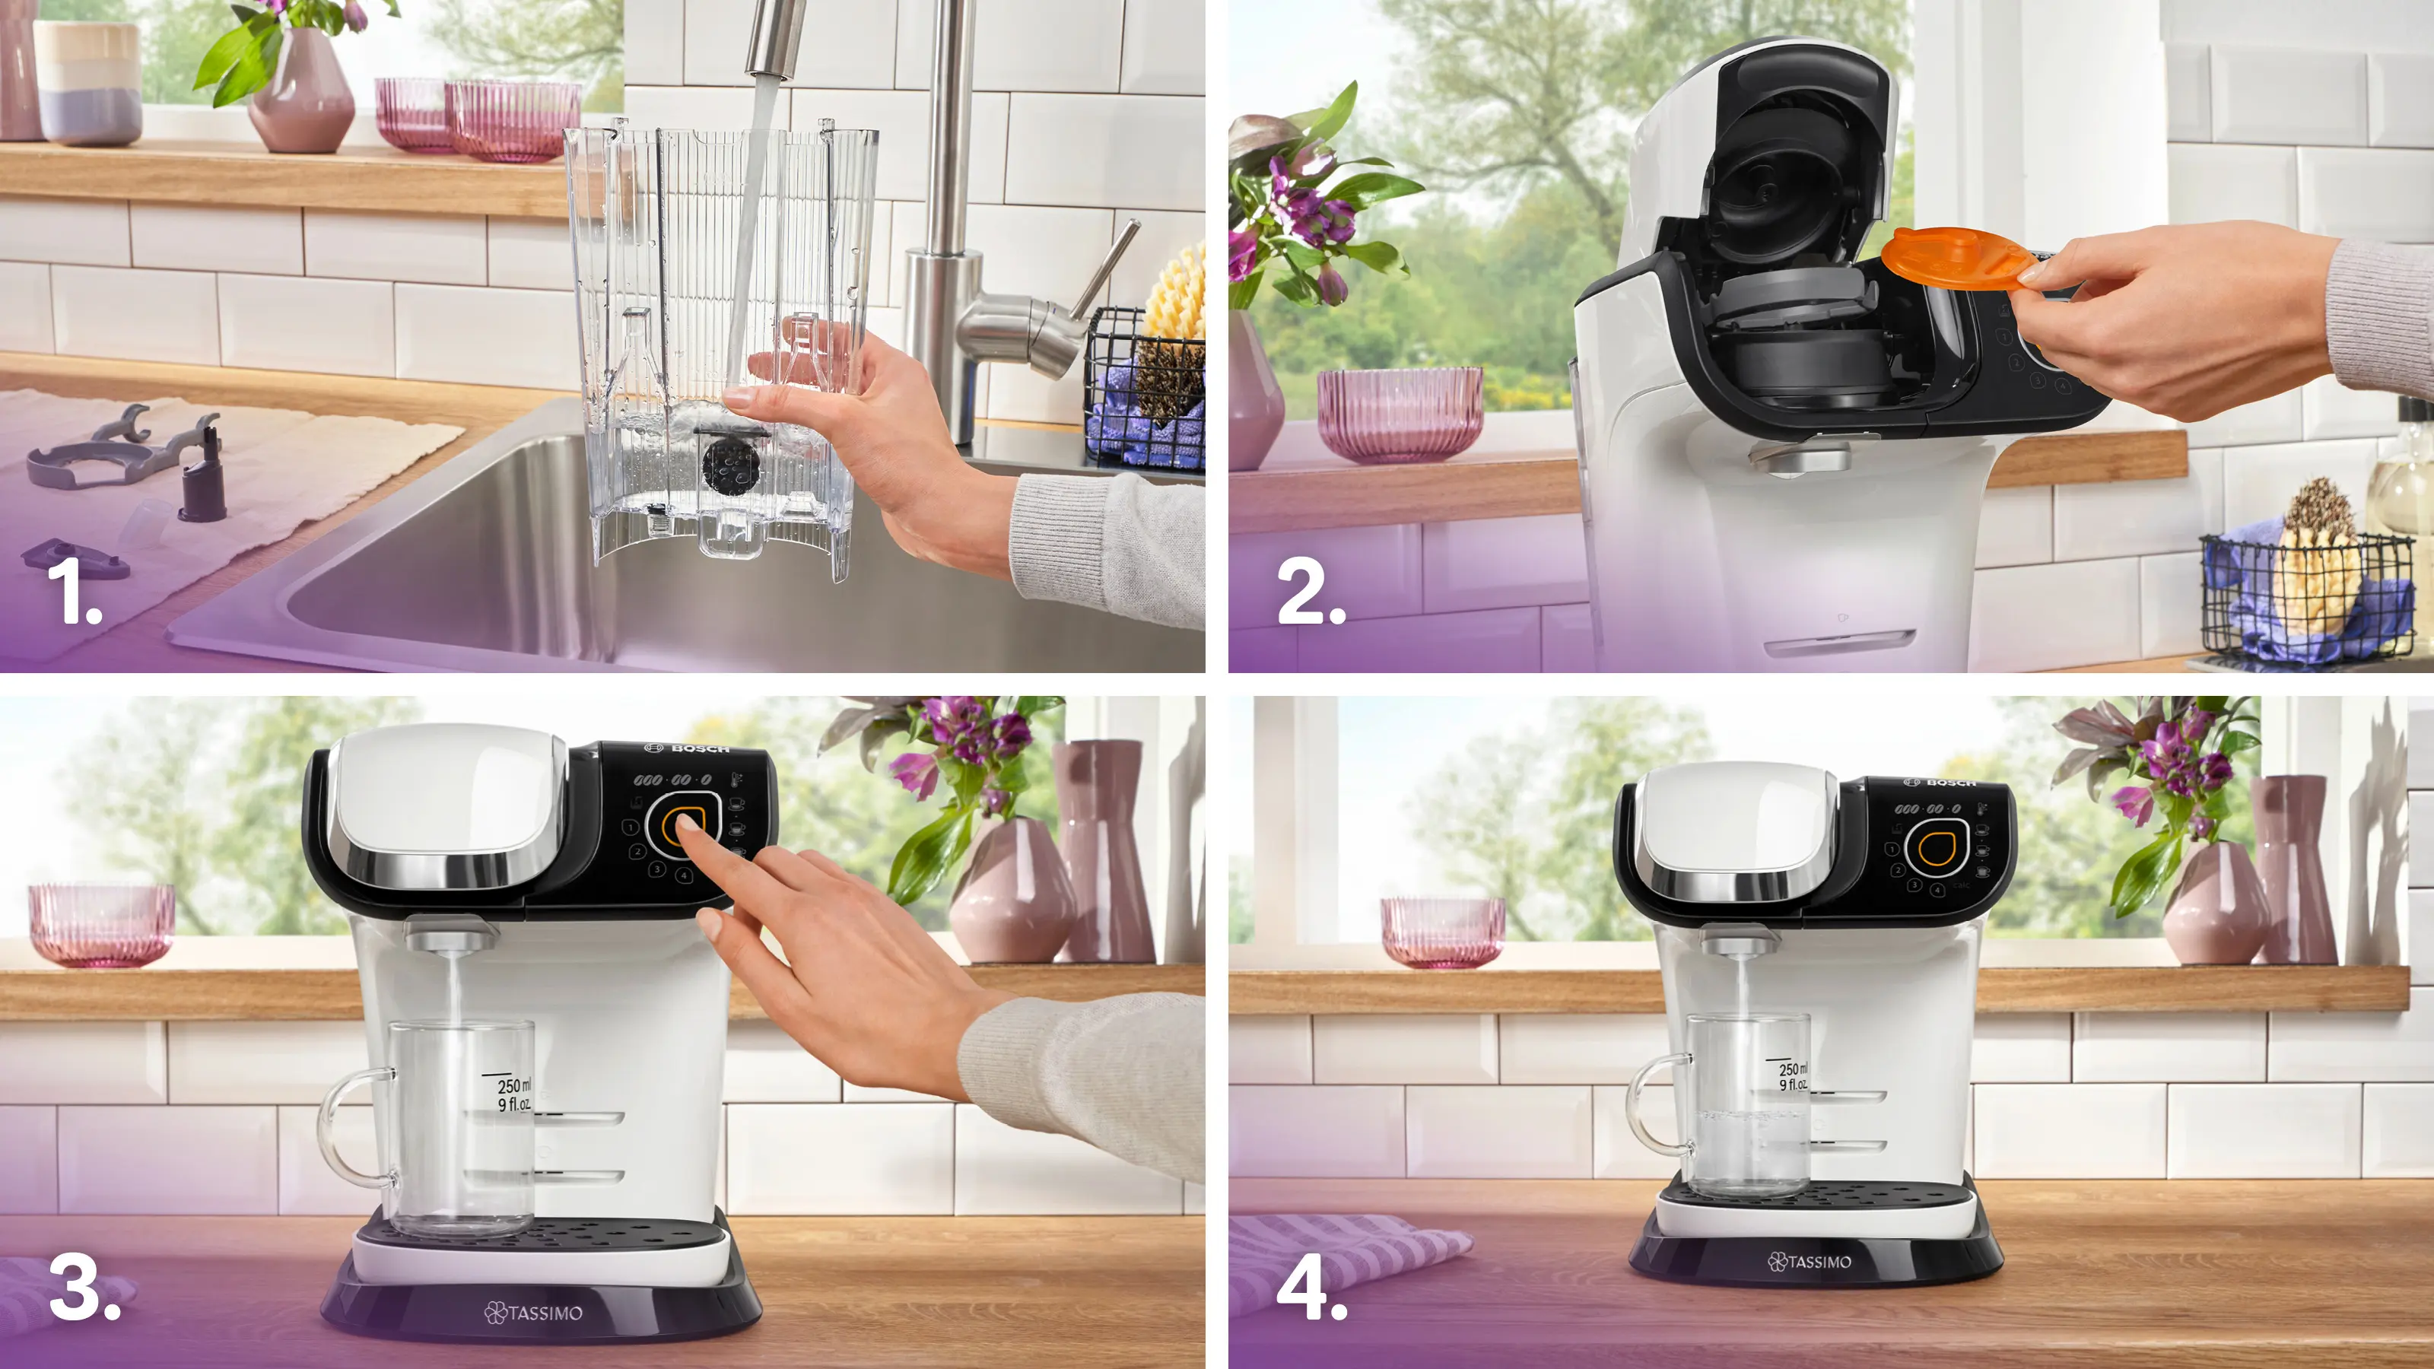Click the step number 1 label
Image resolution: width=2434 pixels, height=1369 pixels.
74,592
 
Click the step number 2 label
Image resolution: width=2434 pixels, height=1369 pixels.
1310,592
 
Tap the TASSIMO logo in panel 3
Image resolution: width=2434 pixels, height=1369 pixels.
534,1312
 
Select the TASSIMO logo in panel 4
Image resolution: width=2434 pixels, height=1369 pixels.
1810,1261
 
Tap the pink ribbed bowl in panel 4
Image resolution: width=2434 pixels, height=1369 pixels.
1443,932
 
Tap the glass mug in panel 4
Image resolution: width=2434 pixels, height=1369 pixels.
1748,1105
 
